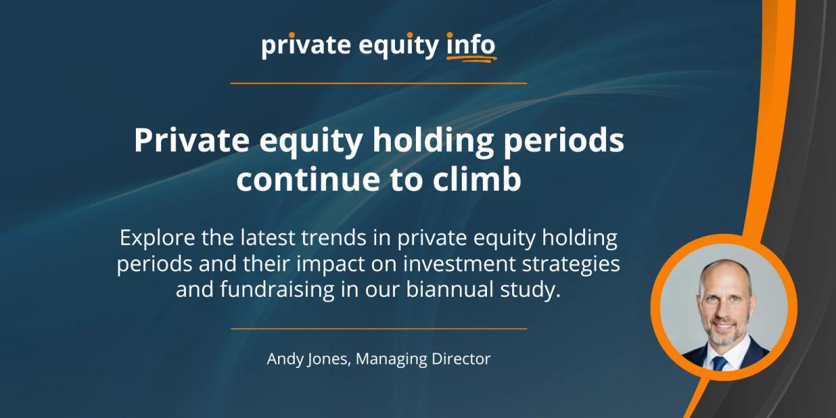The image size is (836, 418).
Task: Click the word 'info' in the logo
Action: [x=470, y=45]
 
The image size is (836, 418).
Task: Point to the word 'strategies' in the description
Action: [x=572, y=265]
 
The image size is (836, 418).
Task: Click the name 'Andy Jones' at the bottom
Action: [x=302, y=359]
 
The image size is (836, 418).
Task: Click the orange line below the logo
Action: [x=378, y=83]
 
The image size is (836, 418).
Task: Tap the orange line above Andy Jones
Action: [x=378, y=327]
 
